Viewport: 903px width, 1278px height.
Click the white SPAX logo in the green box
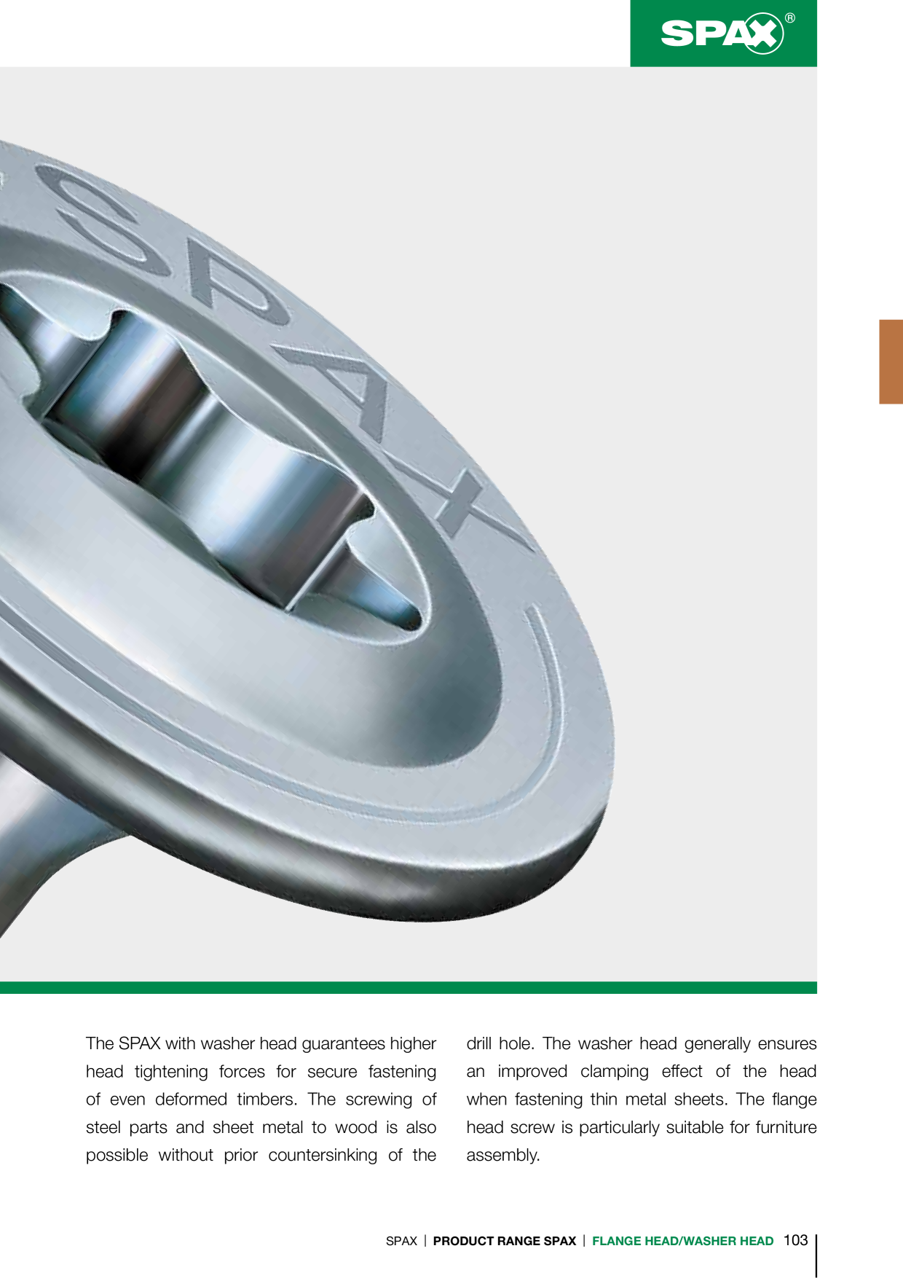tap(722, 34)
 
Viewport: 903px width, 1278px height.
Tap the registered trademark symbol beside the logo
tap(790, 18)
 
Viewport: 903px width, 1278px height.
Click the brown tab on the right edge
tap(891, 361)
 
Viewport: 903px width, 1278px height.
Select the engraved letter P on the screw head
tap(233, 284)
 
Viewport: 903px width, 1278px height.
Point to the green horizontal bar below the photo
tap(409, 987)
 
